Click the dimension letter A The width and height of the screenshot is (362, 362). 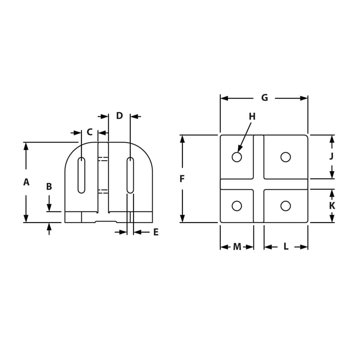(x=26, y=182)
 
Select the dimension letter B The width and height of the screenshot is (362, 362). (x=49, y=186)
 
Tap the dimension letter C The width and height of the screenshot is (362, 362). (x=90, y=132)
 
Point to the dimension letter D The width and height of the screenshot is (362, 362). (x=119, y=116)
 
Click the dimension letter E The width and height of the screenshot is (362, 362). (x=156, y=232)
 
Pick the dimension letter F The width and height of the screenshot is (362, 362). (x=182, y=179)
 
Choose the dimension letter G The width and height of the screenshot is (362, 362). (x=265, y=98)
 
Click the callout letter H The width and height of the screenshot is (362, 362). (x=252, y=117)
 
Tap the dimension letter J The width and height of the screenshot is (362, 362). (x=332, y=156)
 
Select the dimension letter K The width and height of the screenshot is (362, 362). (x=332, y=205)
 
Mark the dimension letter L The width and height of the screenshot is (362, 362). (x=286, y=247)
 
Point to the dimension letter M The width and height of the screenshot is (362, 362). (x=237, y=247)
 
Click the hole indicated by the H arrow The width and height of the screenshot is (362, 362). (x=237, y=157)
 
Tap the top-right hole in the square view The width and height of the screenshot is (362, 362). (x=286, y=157)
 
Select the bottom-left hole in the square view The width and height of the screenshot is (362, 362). (x=237, y=206)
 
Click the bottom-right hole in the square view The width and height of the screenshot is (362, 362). (x=286, y=206)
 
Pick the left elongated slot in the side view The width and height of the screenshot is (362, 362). (x=81, y=175)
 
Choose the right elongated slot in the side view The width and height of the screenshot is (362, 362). (x=130, y=175)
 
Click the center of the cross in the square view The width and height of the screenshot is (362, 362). (x=258, y=184)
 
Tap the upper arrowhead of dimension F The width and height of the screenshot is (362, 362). (x=182, y=138)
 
